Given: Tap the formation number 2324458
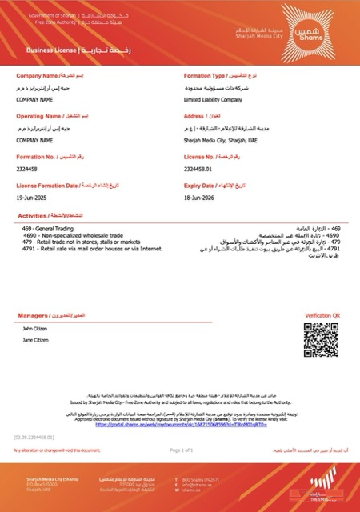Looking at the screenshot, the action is [28, 169].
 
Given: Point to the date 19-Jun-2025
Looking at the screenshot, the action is [32, 197].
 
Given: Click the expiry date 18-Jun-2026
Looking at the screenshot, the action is [199, 197].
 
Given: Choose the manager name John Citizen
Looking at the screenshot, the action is [36, 328].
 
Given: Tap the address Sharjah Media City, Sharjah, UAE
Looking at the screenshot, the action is [216, 139].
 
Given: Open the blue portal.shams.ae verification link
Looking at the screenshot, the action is [179, 425].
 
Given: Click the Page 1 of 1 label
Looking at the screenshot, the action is [182, 450].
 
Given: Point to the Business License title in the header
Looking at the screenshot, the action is [51, 50].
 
